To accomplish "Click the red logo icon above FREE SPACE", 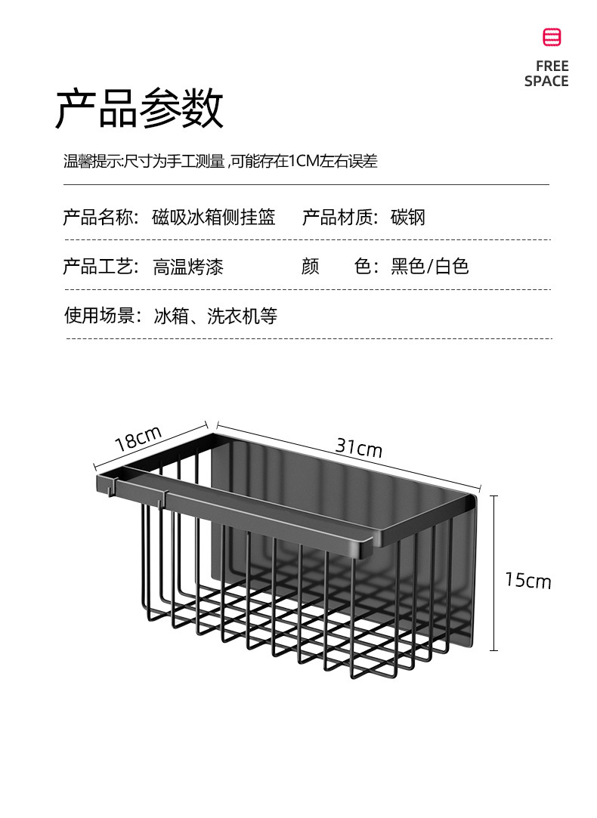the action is click(x=552, y=37).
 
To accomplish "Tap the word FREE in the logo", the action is click(x=552, y=66).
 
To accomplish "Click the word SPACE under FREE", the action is click(x=546, y=82).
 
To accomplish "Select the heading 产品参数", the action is click(x=140, y=109).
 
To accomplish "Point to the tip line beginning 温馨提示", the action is click(x=220, y=161).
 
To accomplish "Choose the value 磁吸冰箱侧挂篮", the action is click(x=214, y=218).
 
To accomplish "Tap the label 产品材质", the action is click(x=339, y=218).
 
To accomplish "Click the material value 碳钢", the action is click(x=408, y=218).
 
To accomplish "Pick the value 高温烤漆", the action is click(x=188, y=267).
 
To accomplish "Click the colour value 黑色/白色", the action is click(x=430, y=267).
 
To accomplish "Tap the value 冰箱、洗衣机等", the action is click(x=215, y=316).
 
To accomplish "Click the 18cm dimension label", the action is click(x=138, y=440).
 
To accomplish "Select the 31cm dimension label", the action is click(x=359, y=448).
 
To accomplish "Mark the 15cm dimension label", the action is click(x=528, y=581).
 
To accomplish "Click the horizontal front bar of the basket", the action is click(x=264, y=514).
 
